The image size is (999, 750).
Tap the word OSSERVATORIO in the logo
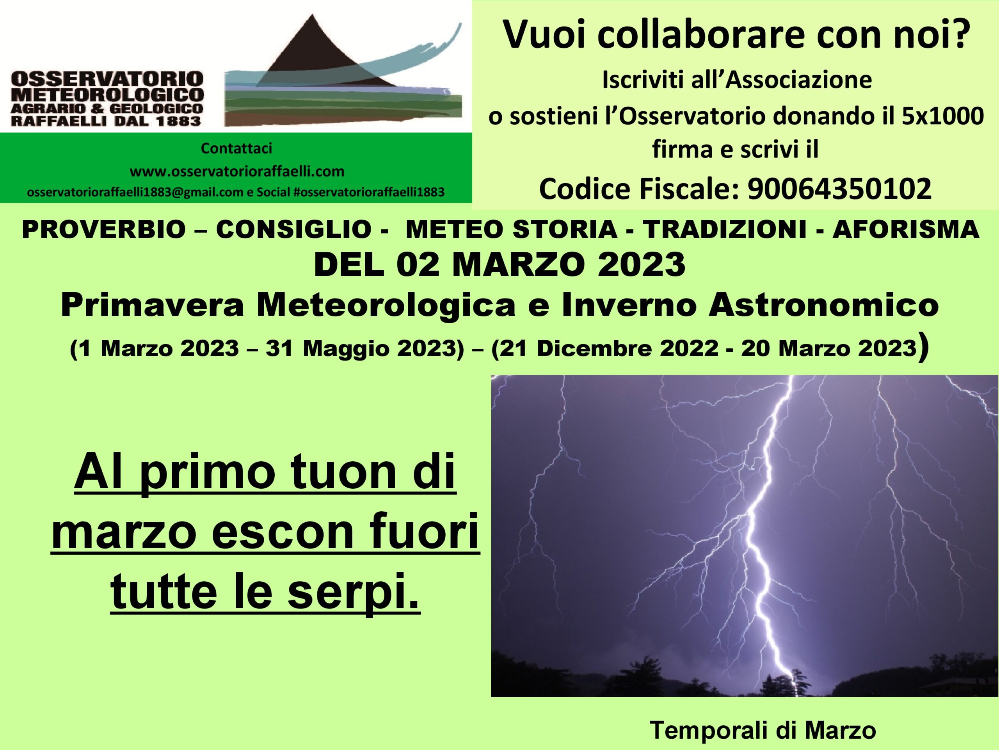click(107, 80)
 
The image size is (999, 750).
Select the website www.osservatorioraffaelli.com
click(237, 171)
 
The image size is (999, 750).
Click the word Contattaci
click(236, 148)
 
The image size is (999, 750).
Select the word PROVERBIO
click(103, 230)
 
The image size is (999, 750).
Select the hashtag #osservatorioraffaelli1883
click(368, 192)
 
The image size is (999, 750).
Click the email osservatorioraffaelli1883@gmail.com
click(135, 192)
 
